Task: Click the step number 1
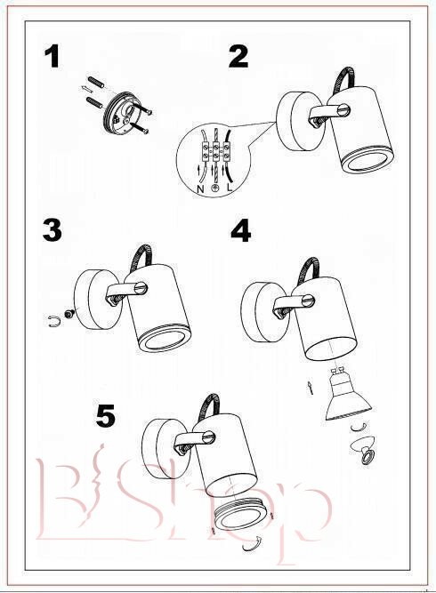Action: click(52, 57)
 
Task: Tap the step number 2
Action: click(238, 57)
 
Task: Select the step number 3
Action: click(52, 230)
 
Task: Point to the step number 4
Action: click(241, 230)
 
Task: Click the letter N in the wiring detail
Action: click(200, 188)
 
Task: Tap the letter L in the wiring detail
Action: click(230, 188)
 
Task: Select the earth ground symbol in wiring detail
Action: click(215, 188)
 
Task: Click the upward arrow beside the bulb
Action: click(311, 388)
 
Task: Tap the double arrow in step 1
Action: click(87, 89)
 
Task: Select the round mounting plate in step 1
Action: click(121, 113)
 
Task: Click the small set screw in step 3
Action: click(69, 314)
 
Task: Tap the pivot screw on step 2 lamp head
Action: click(343, 110)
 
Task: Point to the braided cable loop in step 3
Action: click(141, 257)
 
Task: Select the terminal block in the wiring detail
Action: click(215, 152)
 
